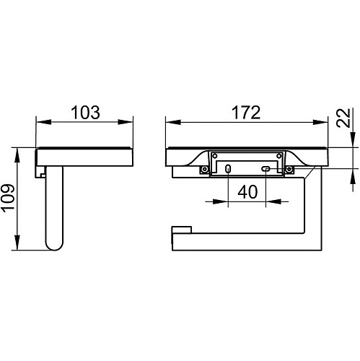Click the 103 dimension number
[85, 113]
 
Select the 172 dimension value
[246, 113]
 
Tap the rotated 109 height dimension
[9, 199]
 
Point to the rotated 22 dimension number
[343, 118]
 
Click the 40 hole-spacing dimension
[247, 192]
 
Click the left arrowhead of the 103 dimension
[43, 122]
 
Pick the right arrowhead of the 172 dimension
[320, 122]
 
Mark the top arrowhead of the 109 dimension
[17, 155]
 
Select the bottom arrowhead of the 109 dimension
[17, 243]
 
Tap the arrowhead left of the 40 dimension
[220, 201]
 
